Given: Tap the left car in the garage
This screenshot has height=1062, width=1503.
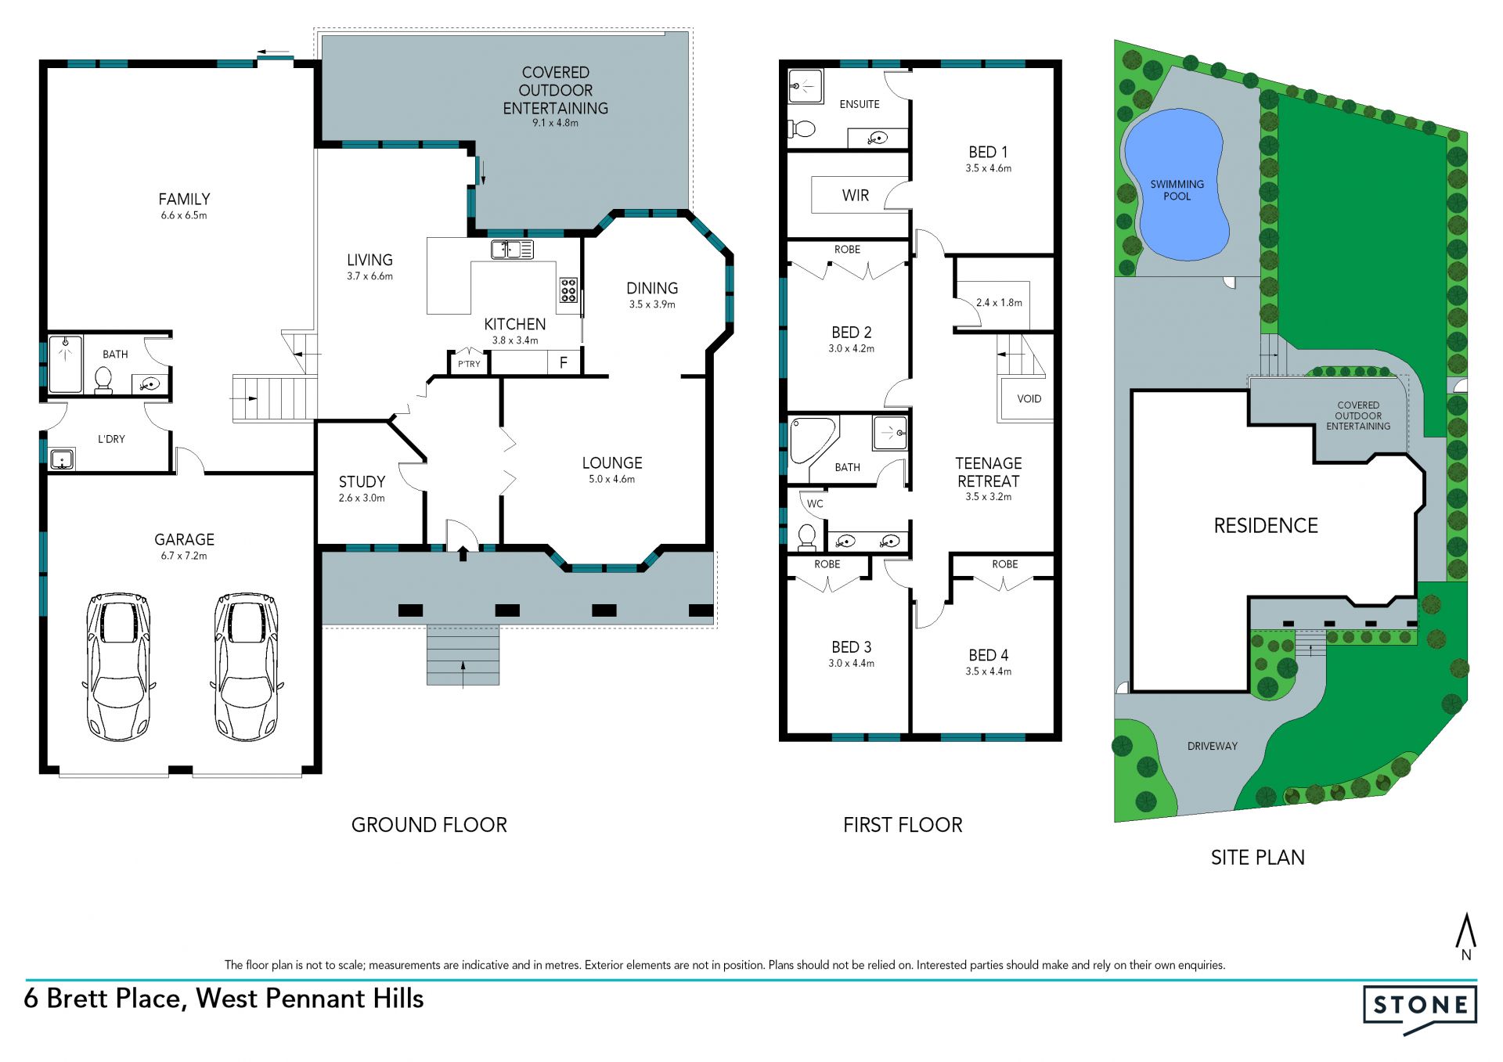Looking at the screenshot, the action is coord(118,667).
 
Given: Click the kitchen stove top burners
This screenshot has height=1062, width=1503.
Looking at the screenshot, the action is coord(568,290).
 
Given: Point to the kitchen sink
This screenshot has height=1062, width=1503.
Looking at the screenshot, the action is coord(512,250).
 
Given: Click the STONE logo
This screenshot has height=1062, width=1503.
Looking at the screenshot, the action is coord(1420,1009).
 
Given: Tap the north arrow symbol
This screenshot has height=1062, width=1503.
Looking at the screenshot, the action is coord(1465,936).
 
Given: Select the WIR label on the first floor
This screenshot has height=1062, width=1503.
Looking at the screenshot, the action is coord(856,196).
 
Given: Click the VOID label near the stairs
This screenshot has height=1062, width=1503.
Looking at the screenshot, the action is coord(1029,399).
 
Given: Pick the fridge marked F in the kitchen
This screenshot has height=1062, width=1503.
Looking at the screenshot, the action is coord(563,362).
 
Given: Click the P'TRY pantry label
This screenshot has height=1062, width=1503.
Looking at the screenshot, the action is coord(469,364).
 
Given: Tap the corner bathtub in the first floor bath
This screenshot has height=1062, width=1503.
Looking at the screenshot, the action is coord(813,441).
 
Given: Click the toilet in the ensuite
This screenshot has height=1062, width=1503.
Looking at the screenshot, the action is coord(802,128).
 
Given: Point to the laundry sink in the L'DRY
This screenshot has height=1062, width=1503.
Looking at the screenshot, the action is coord(62,459).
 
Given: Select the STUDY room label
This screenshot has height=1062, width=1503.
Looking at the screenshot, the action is coord(362,481).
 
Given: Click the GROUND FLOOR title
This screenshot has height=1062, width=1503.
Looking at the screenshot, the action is coord(429,825).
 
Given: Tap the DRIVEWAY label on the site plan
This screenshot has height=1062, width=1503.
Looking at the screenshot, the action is coord(1212,747).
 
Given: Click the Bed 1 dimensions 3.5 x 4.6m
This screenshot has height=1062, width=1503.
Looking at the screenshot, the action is coord(988,168).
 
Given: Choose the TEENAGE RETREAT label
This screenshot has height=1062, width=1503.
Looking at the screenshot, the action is coord(988,473).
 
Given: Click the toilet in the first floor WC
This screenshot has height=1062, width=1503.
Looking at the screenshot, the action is coord(806,536).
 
